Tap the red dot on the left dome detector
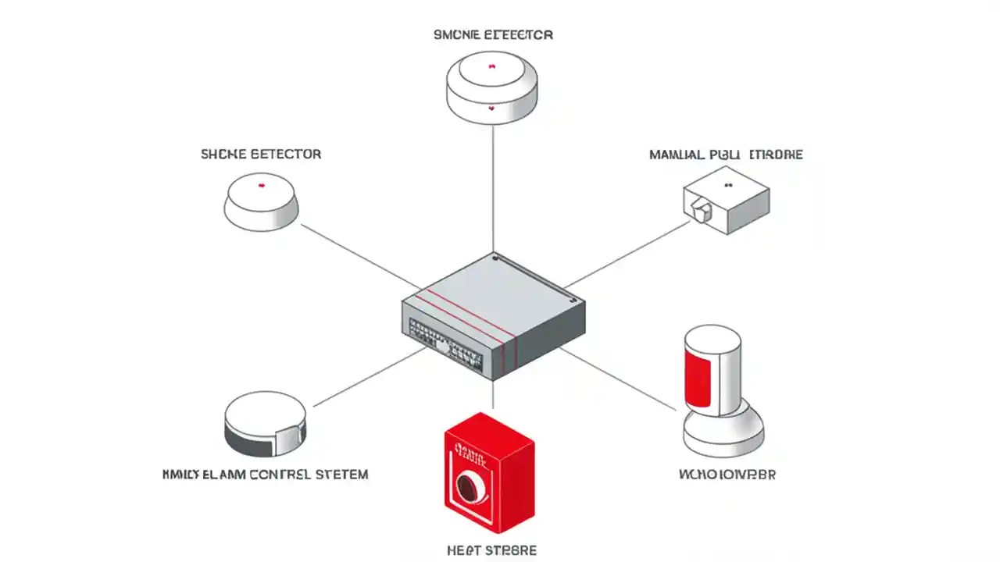(261, 185)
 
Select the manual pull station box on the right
(727, 200)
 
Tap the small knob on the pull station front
(701, 207)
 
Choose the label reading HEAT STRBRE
(491, 550)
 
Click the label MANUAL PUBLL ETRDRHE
(726, 155)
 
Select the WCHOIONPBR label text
(727, 474)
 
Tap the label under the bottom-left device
(265, 474)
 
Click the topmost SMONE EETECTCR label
(493, 35)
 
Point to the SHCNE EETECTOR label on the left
(261, 155)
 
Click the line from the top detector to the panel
(493, 187)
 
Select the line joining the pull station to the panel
(625, 254)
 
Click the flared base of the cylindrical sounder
(723, 433)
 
